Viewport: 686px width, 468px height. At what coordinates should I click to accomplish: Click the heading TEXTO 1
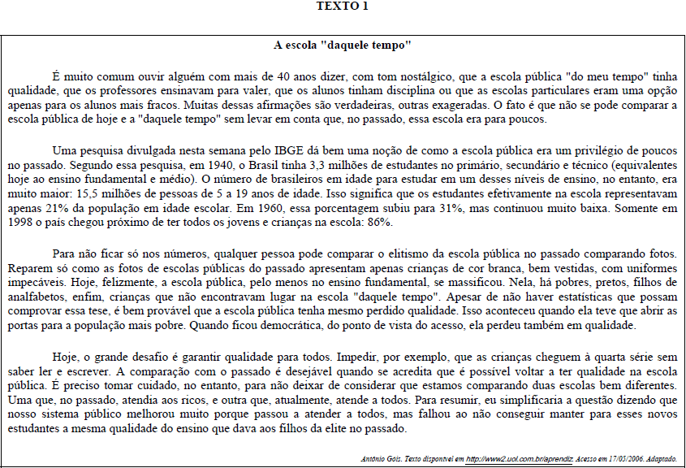pos(342,6)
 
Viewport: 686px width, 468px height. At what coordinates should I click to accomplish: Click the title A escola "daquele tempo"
pos(342,44)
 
